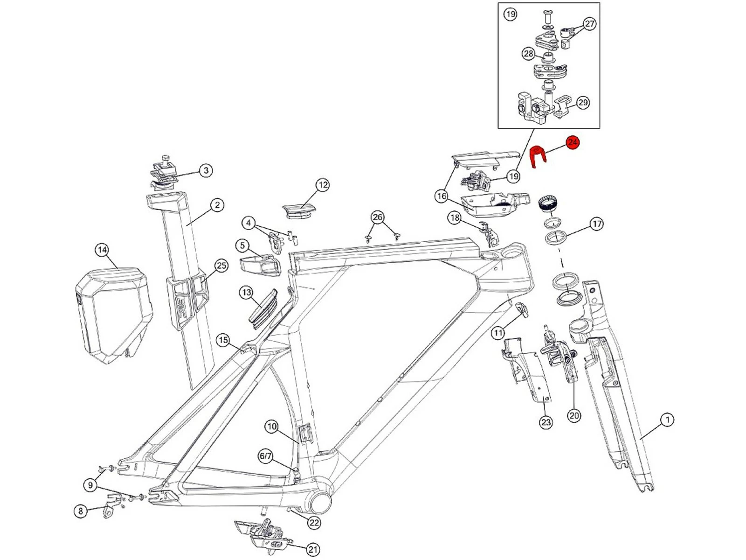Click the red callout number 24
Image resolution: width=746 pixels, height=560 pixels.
tap(573, 142)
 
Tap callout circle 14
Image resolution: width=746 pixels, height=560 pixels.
tap(102, 250)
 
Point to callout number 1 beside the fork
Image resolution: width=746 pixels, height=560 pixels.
tap(667, 420)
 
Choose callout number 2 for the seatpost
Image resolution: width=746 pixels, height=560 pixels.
tap(217, 205)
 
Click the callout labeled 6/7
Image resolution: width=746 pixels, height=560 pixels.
tap(265, 456)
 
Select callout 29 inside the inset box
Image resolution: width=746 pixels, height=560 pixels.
tap(583, 102)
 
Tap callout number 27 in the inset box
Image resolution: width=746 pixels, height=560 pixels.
tap(590, 24)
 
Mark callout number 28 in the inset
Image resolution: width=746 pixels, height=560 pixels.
tap(528, 54)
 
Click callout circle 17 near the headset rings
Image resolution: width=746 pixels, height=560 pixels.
tap(597, 224)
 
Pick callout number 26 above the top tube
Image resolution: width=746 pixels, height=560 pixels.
tap(377, 217)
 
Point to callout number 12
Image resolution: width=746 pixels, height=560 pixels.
tap(323, 185)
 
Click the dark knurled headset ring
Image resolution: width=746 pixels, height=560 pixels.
tap(549, 204)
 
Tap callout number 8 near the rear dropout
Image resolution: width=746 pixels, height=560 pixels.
tap(81, 511)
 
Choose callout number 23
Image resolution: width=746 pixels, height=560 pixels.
tap(546, 422)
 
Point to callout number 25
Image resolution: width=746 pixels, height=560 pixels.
tap(221, 266)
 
